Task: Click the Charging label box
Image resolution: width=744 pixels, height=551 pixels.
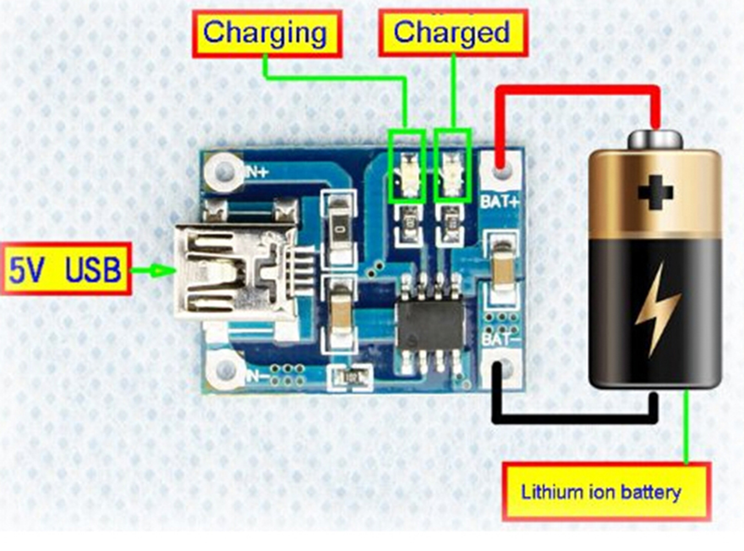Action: coord(267,33)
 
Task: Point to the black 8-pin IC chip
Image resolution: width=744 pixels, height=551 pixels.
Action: coord(431,324)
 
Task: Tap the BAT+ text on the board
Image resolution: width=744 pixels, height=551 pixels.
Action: coord(500,201)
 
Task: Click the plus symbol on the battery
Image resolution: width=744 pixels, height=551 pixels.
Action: coord(655,192)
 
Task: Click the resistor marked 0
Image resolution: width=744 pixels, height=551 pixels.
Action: coord(340,227)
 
